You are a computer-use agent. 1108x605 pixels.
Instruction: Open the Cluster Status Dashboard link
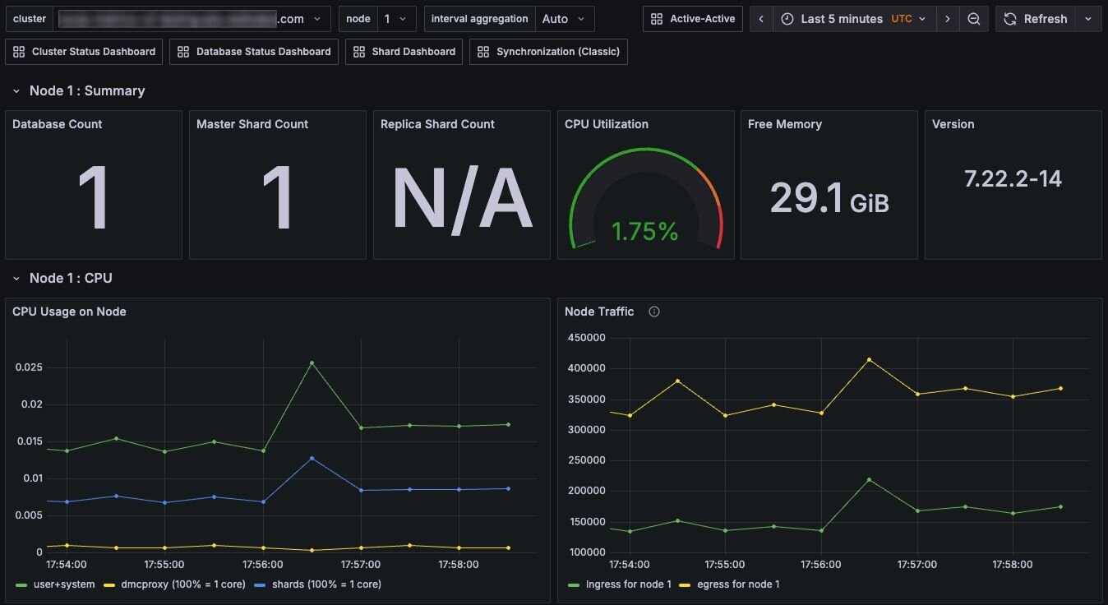[84, 52]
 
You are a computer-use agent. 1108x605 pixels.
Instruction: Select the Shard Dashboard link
[404, 52]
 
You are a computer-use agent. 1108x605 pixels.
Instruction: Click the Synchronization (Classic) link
[548, 52]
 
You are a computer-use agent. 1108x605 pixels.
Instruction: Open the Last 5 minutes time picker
[853, 19]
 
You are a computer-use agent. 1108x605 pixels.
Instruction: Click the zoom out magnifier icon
[973, 19]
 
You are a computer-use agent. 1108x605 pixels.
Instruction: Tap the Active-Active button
[692, 19]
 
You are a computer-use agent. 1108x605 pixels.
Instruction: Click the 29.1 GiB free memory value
[829, 198]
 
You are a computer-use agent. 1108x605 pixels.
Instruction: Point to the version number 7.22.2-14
[1013, 178]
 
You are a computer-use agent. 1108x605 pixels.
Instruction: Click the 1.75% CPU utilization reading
[645, 232]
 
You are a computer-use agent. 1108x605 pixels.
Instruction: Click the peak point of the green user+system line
[312, 363]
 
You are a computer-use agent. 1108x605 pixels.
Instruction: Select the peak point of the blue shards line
[312, 458]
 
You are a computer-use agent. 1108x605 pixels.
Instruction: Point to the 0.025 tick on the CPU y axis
[29, 367]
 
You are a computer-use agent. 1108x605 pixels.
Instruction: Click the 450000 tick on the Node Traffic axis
[587, 338]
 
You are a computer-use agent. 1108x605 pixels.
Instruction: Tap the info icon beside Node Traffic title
[654, 312]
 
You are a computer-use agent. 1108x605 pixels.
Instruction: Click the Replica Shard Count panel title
[437, 124]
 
